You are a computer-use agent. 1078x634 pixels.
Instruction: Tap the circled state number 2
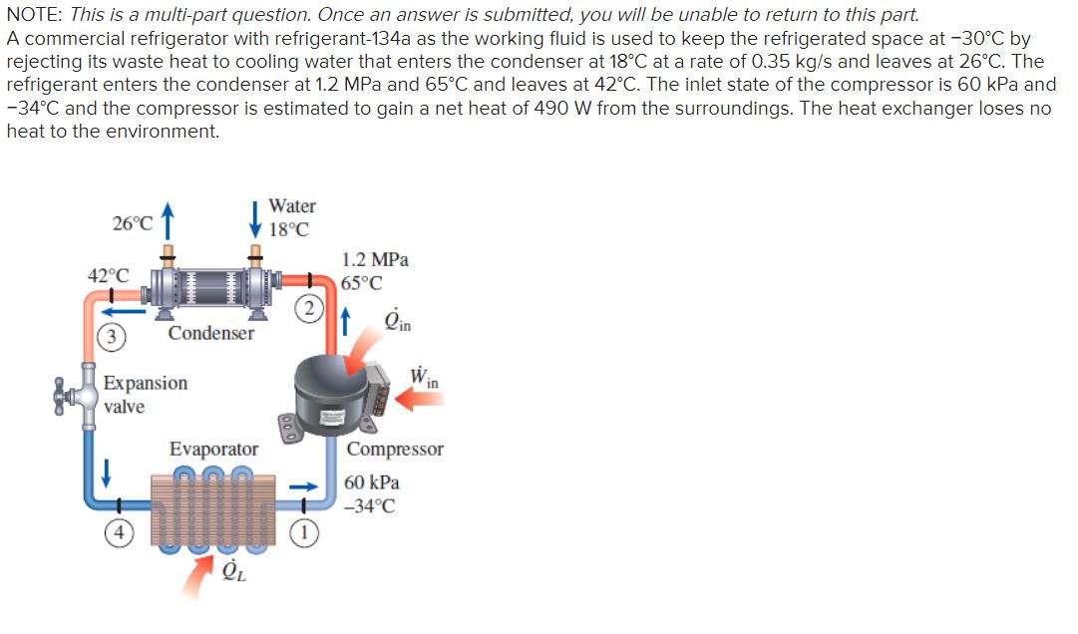tap(309, 307)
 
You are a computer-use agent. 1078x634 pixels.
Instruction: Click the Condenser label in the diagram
tap(210, 333)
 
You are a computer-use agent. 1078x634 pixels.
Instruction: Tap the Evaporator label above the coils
tap(213, 450)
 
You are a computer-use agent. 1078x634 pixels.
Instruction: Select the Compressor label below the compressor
tap(395, 450)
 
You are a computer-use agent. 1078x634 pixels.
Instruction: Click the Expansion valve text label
tap(145, 395)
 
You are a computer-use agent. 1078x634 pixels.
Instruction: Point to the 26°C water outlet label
tap(132, 222)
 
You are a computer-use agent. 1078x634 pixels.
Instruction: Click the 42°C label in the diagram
tap(108, 275)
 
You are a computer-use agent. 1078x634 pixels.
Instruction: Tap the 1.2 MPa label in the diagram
tap(375, 259)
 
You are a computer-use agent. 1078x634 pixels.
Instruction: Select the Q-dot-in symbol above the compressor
tap(396, 321)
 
